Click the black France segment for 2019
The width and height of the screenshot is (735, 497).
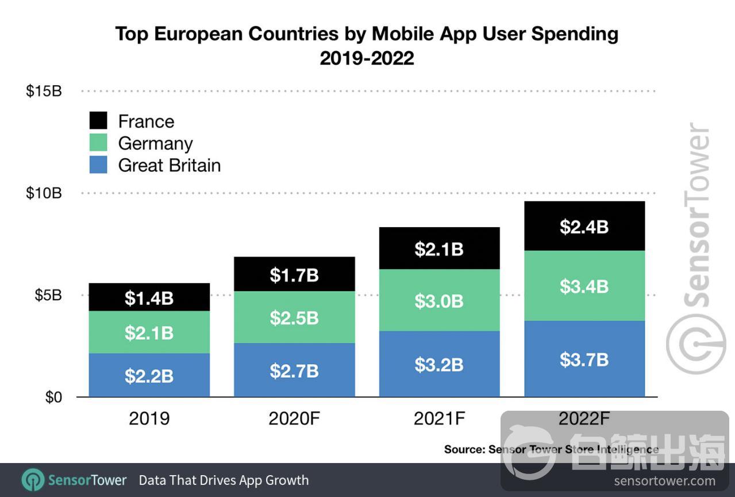149,297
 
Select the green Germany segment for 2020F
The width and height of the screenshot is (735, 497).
294,318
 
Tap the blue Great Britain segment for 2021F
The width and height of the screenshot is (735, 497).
439,364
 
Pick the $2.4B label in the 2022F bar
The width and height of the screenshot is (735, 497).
584,227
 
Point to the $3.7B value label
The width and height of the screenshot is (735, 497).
584,360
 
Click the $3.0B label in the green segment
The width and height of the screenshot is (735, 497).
439,301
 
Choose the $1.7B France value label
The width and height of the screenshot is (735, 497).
294,275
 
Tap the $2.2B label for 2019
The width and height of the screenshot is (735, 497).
149,376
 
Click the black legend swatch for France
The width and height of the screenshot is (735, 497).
98,121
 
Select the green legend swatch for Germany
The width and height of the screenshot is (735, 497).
98,143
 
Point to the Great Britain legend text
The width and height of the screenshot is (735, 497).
170,166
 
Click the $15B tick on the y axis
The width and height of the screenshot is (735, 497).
44,91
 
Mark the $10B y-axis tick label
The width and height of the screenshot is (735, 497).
44,193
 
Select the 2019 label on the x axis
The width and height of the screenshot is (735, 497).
149,418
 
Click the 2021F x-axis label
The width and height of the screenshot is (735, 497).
439,418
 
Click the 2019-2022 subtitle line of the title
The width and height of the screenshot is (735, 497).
367,58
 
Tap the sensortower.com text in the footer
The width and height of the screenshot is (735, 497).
664,481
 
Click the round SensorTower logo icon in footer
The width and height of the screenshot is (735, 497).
33,480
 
